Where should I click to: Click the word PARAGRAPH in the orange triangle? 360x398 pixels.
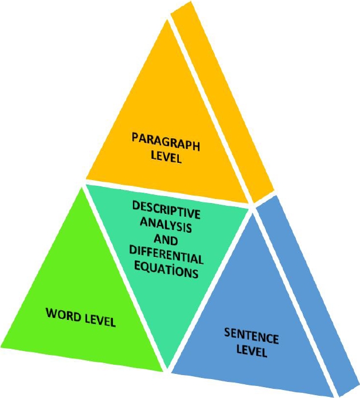[x=166, y=141]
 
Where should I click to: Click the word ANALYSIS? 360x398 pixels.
[x=167, y=224]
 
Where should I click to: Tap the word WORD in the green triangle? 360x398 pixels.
[x=64, y=315]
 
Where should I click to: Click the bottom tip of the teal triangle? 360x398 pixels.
[x=166, y=365]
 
